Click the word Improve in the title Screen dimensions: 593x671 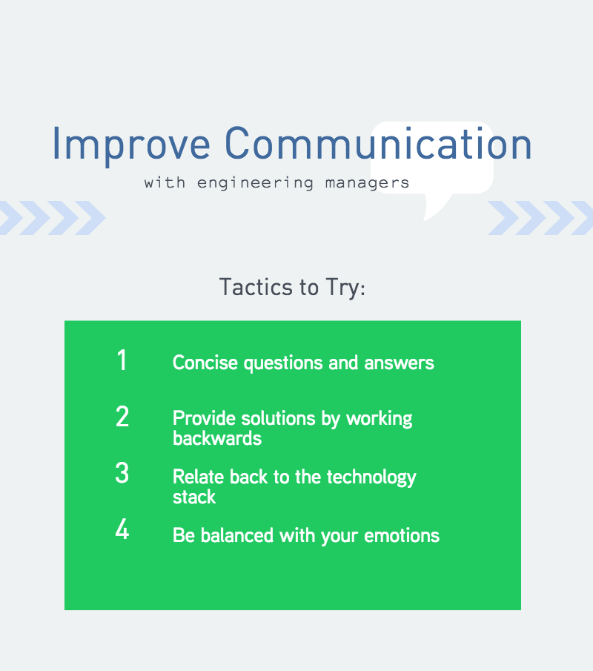tap(131, 145)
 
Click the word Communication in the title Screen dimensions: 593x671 tap(378, 143)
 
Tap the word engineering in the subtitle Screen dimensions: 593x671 tap(256, 183)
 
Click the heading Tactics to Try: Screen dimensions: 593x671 tap(292, 287)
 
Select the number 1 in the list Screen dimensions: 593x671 tap(122, 360)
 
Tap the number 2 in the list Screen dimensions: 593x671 tap(122, 417)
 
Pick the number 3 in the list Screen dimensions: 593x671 tap(122, 473)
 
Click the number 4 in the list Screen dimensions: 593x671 tap(122, 529)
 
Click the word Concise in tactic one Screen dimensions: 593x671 tap(205, 363)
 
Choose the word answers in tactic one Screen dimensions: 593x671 tap(400, 363)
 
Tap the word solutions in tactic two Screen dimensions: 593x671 tap(278, 418)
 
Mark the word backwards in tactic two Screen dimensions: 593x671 tap(217, 438)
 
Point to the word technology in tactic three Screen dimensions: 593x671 tap(371, 477)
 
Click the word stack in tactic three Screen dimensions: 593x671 tap(194, 497)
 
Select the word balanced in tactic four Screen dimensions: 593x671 tap(237, 535)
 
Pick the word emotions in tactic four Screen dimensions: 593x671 tap(402, 536)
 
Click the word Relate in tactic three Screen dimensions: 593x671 tap(198, 477)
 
